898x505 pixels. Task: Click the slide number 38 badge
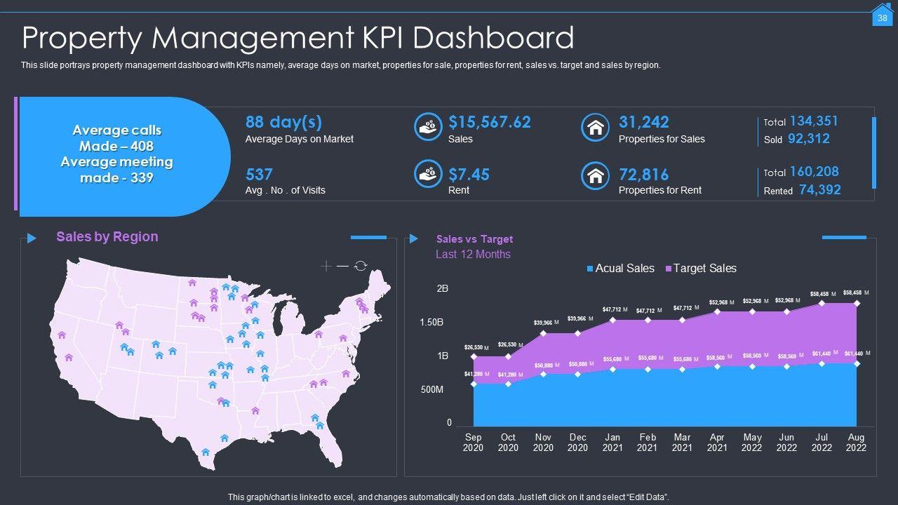coord(882,18)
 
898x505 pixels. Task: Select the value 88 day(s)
coord(283,122)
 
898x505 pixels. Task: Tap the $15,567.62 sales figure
coord(490,122)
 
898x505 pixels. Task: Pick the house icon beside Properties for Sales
coord(595,127)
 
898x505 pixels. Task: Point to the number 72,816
coord(643,175)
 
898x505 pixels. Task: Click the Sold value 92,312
coord(808,139)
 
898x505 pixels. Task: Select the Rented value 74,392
coord(819,189)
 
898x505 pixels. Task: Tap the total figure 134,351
coord(814,121)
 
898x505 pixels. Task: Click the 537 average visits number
coord(259,175)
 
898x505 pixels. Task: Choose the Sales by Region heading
coord(107,237)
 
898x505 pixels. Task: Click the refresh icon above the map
coord(361,266)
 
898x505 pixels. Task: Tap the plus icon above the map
coord(326,266)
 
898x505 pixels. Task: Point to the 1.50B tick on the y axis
coord(432,323)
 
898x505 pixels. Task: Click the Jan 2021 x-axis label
coord(612,443)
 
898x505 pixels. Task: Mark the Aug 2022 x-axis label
coord(856,443)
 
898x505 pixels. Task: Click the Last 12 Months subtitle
coord(473,255)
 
